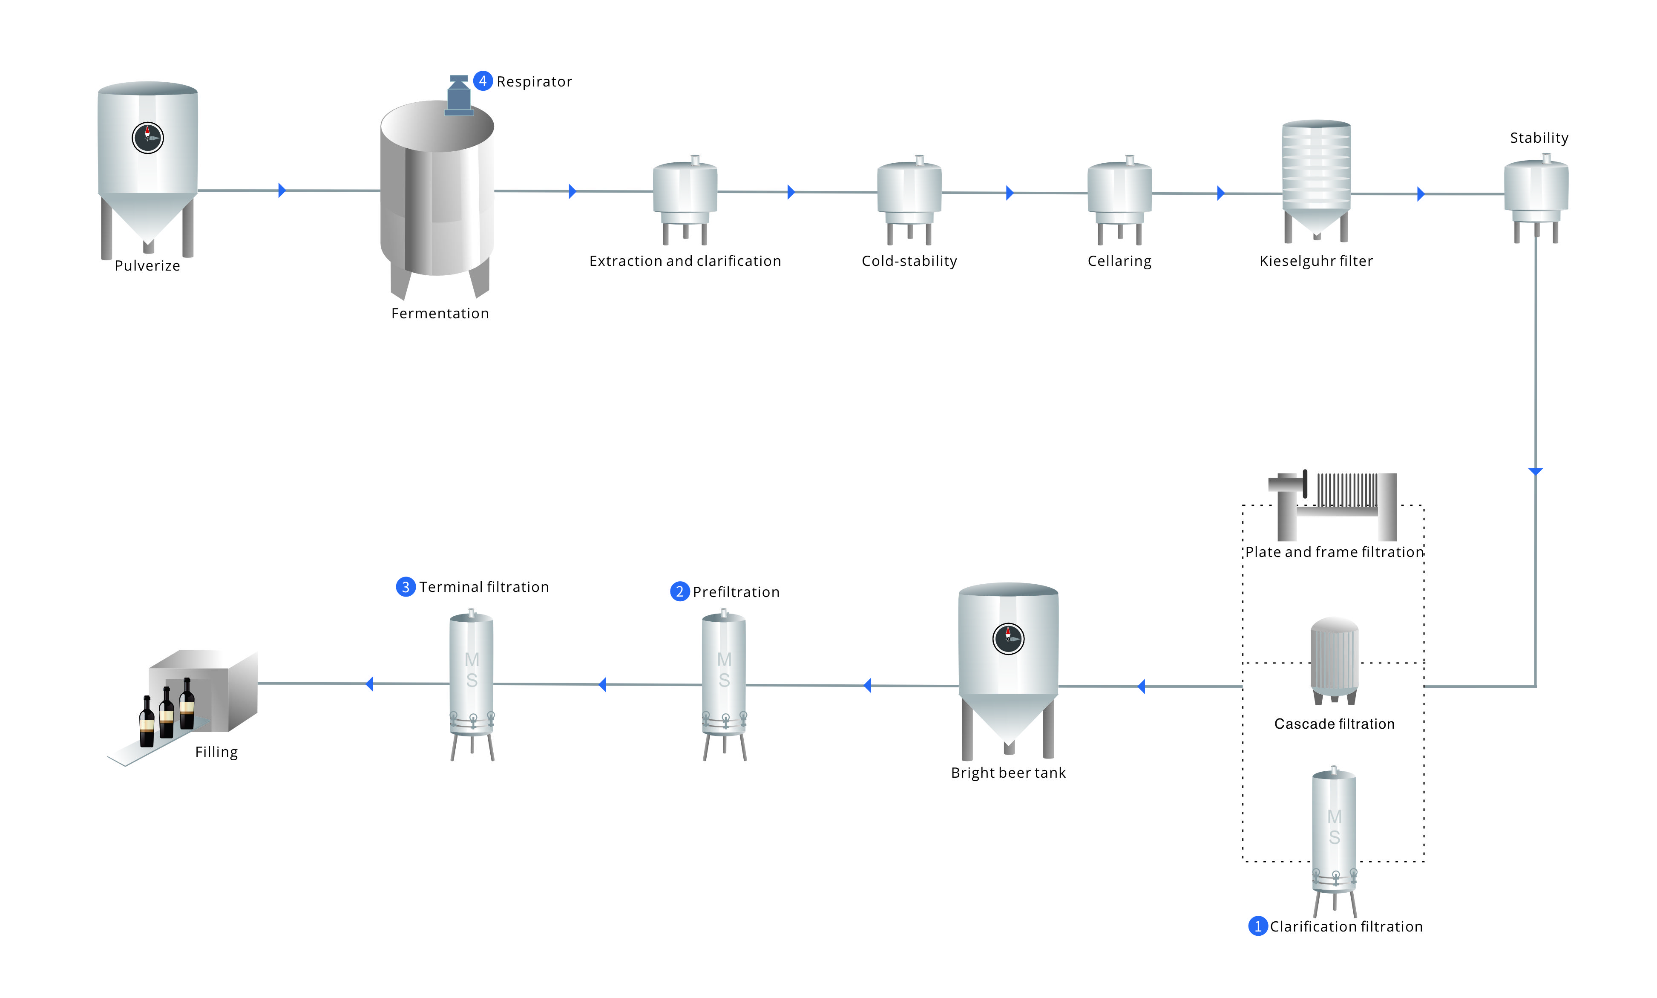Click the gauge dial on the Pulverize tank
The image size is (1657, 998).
point(147,138)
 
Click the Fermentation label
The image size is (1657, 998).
point(440,313)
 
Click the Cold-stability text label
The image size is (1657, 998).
point(909,261)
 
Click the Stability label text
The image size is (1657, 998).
point(1538,138)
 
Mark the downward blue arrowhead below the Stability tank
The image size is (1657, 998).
point(1535,471)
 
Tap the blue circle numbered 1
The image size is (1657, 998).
point(1257,926)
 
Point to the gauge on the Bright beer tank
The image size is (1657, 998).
point(1008,638)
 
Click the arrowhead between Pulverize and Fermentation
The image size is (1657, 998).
point(282,190)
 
